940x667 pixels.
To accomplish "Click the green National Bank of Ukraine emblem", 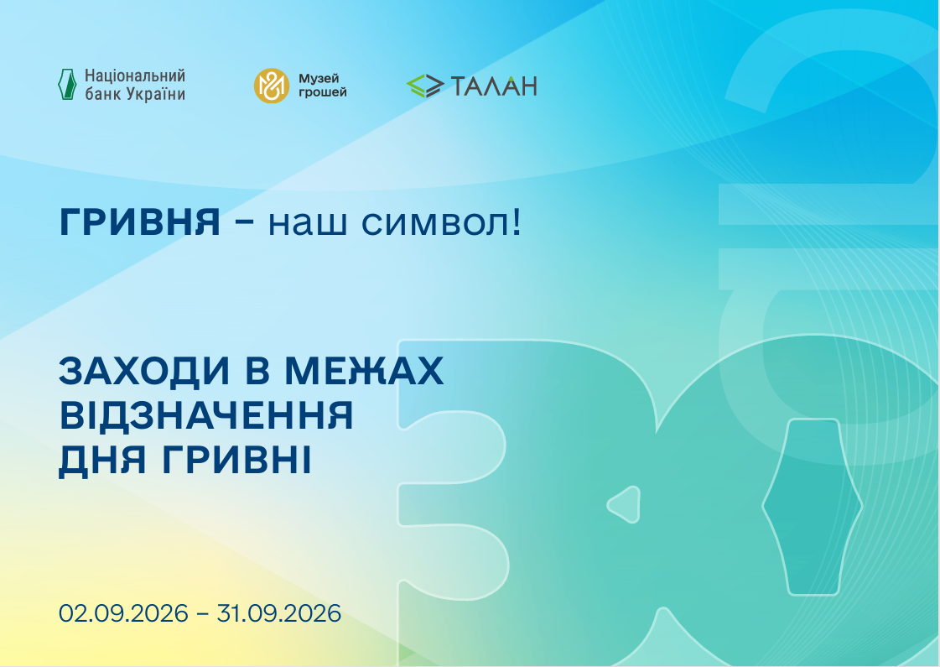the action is pos(67,84).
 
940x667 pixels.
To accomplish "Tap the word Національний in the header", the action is pos(135,76).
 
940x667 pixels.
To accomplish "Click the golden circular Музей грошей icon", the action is pos(272,86).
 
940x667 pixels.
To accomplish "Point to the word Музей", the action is pos(319,79).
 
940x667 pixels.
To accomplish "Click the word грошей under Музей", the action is pos(323,92).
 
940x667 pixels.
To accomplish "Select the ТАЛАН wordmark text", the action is pos(493,86).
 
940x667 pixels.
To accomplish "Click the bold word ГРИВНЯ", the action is pos(140,222).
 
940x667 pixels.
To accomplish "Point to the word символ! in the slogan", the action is pos(442,223).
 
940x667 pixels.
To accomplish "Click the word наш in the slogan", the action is pos(308,224).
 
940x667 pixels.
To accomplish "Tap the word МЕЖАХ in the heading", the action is pos(364,371).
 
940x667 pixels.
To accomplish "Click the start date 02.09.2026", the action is pos(123,613).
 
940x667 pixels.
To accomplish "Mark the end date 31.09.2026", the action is pos(278,613).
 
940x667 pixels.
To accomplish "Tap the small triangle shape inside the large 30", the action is pos(625,504).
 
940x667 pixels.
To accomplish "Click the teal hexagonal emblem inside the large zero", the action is pos(813,507).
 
